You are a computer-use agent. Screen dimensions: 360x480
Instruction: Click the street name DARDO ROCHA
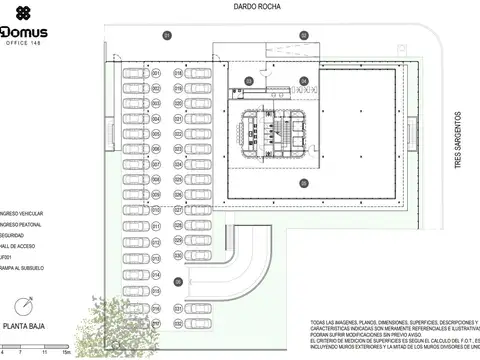(256, 7)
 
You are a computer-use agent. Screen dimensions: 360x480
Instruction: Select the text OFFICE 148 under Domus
(23, 43)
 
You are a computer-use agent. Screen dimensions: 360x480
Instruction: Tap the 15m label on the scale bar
(64, 353)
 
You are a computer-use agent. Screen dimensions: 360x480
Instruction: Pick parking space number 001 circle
(156, 73)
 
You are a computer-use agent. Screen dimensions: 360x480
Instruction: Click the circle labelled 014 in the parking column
(156, 273)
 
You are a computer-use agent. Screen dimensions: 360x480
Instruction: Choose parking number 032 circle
(178, 324)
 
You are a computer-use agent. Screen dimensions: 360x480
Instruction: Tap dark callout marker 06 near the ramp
(178, 282)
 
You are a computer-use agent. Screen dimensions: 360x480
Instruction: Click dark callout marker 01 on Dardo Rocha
(168, 35)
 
